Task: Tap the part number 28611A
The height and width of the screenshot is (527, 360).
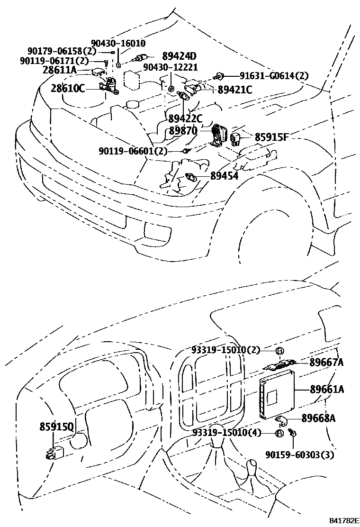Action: [x=59, y=70]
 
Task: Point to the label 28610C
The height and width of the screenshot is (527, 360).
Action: [x=68, y=88]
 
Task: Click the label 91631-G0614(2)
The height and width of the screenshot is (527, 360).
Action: [x=274, y=76]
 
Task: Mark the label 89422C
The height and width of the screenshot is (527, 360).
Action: [x=185, y=118]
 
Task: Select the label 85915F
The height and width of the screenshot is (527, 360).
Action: [x=271, y=137]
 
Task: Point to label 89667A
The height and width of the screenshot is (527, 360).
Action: [x=326, y=363]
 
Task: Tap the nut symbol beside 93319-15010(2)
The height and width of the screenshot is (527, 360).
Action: [x=279, y=351]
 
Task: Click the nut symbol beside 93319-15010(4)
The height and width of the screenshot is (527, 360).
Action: [x=279, y=433]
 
